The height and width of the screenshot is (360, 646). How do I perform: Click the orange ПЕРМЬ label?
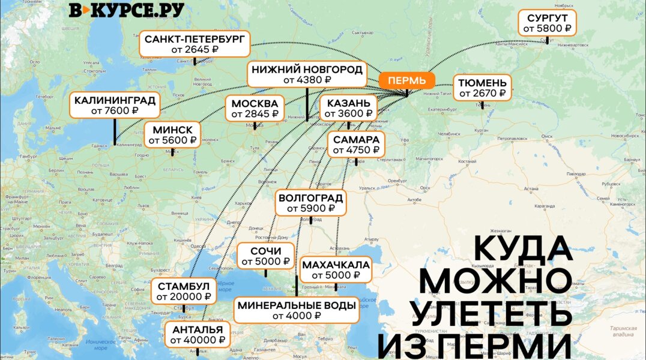tap(406, 80)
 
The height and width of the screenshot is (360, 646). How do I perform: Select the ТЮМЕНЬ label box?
tap(482, 88)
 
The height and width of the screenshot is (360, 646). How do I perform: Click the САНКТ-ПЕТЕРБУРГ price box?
tap(195, 44)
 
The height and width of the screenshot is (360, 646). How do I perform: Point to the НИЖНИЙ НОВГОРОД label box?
tap(307, 74)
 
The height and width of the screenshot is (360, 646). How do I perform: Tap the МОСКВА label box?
tap(255, 108)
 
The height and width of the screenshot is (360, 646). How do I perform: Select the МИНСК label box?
tap(172, 135)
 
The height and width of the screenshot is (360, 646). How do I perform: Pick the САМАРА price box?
tap(356, 145)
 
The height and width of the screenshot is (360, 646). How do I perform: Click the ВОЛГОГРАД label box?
tap(310, 203)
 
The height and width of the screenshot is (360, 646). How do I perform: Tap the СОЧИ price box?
tap(265, 256)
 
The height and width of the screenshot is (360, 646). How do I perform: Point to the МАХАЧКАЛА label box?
tap(336, 270)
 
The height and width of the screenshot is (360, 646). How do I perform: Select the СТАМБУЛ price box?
tap(183, 291)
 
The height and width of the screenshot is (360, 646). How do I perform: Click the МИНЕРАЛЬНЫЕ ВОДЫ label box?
tap(297, 310)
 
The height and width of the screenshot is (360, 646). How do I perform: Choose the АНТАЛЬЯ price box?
tap(198, 334)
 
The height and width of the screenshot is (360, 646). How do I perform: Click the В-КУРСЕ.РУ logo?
tap(126, 10)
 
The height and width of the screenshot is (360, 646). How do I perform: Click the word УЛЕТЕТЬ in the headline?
tap(491, 313)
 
